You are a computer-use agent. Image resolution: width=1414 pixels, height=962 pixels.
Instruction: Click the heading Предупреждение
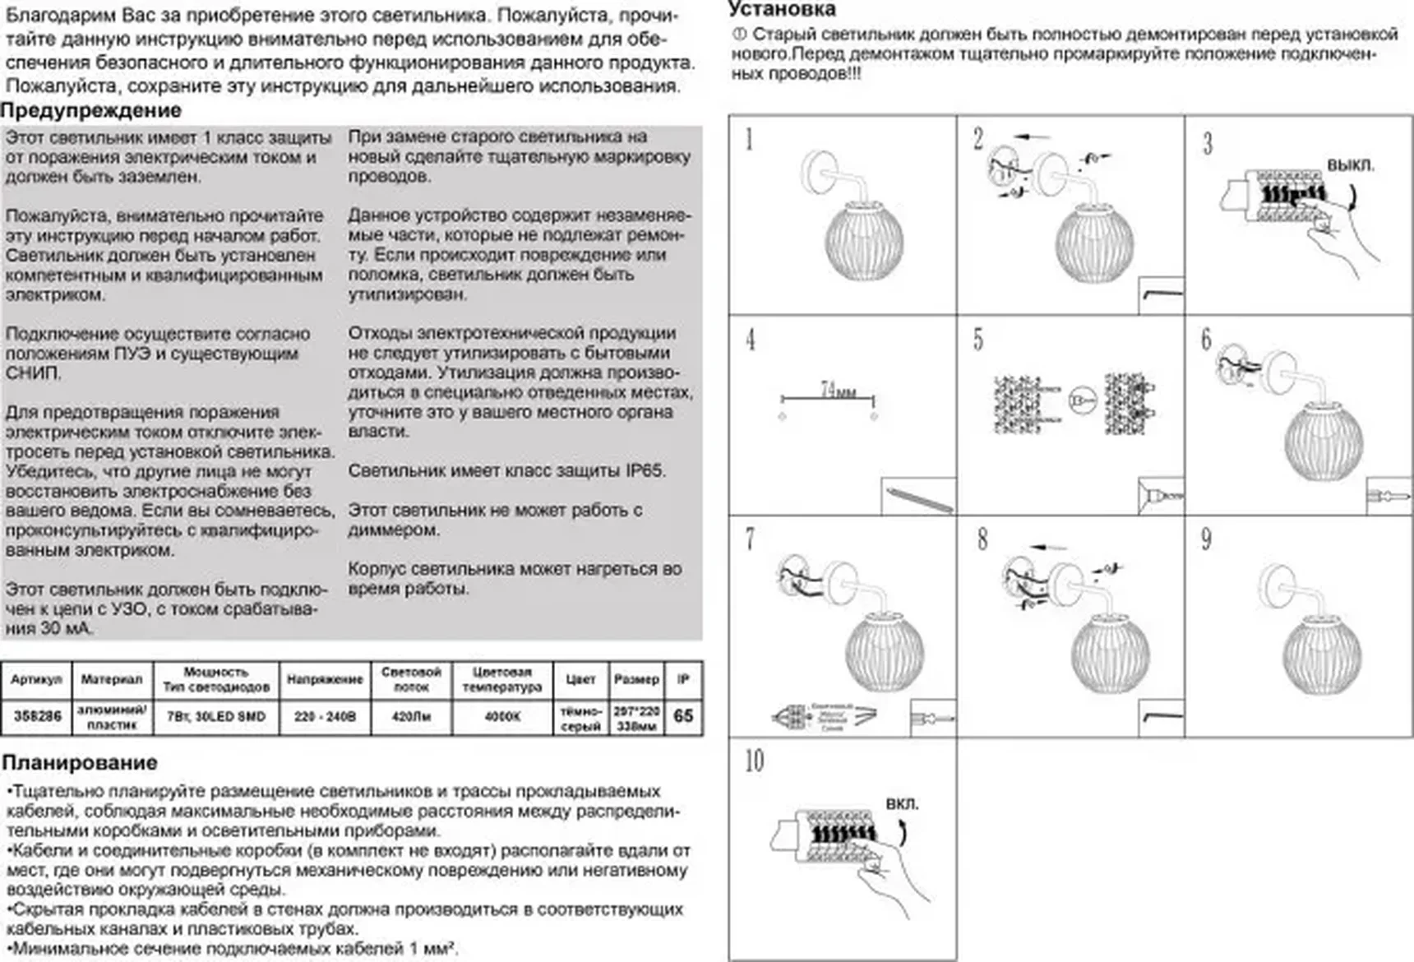(91, 110)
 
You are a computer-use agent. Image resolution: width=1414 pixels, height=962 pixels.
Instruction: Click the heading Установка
(782, 10)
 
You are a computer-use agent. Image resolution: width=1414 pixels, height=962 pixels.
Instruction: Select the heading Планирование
(80, 762)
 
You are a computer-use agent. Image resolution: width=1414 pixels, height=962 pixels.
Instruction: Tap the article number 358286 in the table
(37, 716)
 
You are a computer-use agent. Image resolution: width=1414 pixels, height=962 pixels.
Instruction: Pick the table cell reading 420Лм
(411, 716)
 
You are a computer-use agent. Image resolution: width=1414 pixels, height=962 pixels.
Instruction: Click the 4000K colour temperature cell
(501, 716)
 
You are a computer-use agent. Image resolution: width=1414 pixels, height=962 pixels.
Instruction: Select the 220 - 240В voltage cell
(325, 716)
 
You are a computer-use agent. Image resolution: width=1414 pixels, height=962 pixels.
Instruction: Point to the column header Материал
(112, 679)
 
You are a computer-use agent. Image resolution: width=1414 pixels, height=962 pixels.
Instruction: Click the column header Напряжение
(325, 679)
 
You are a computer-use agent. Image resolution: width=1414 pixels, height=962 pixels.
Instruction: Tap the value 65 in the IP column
(683, 715)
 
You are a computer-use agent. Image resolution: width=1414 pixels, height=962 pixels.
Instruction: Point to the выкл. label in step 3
(1350, 165)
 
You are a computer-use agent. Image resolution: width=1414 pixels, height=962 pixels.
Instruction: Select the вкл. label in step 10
(902, 803)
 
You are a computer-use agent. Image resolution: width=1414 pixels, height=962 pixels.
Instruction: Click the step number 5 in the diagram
(977, 340)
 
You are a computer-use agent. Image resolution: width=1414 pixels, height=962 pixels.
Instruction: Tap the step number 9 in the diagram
(1206, 539)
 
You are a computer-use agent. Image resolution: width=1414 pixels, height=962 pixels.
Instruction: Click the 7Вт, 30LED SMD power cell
(216, 716)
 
